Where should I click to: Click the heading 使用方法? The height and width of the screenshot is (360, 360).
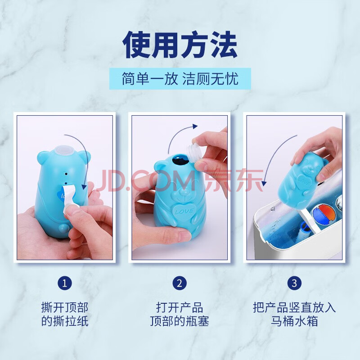[x=180, y=45]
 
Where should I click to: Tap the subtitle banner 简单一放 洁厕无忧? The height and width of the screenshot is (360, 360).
[x=180, y=79]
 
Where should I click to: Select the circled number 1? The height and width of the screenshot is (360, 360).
[x=65, y=283]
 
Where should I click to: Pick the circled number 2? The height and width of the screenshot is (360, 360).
[x=180, y=283]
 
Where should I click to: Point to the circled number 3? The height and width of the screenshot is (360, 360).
[x=294, y=283]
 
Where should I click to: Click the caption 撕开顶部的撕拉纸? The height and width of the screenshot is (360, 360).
[x=65, y=314]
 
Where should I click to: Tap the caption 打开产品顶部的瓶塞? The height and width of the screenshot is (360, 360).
[x=180, y=314]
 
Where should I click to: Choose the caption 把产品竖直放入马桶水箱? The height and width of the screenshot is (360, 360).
[x=294, y=314]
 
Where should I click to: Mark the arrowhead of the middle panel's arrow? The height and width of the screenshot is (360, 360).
[x=195, y=126]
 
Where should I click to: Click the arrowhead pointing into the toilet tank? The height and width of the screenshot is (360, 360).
[x=264, y=183]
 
